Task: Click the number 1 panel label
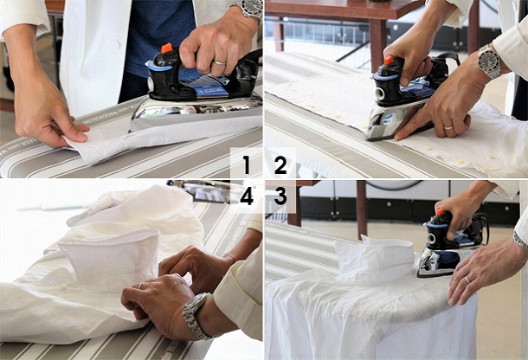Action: pyautogui.click(x=248, y=164)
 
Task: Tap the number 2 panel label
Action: pyautogui.click(x=280, y=164)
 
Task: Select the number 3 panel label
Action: pyautogui.click(x=280, y=196)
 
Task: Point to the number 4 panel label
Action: pyautogui.click(x=247, y=196)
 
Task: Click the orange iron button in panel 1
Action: pyautogui.click(x=167, y=48)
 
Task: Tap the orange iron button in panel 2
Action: pyautogui.click(x=389, y=61)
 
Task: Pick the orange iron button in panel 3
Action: pyautogui.click(x=440, y=212)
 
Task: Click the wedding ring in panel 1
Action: pyautogui.click(x=220, y=62)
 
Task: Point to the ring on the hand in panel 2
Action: pyautogui.click(x=448, y=127)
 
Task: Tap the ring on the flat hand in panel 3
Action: pyautogui.click(x=467, y=280)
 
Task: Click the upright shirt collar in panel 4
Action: pyautogui.click(x=110, y=260)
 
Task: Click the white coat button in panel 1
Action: pyautogui.click(x=115, y=44)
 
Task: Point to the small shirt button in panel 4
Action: pyautogui.click(x=63, y=286)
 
